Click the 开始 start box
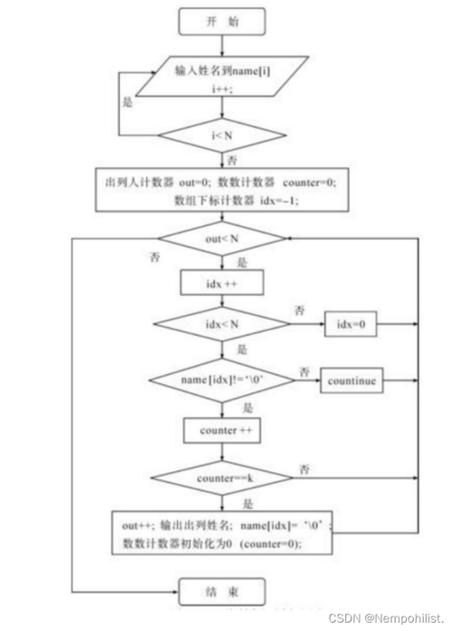(222, 19)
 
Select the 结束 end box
(222, 591)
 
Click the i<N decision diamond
(222, 137)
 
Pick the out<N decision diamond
(222, 239)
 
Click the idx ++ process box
(222, 283)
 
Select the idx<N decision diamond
(222, 324)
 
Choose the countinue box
(354, 378)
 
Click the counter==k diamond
(222, 476)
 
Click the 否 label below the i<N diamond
(234, 160)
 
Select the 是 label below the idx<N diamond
(240, 348)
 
